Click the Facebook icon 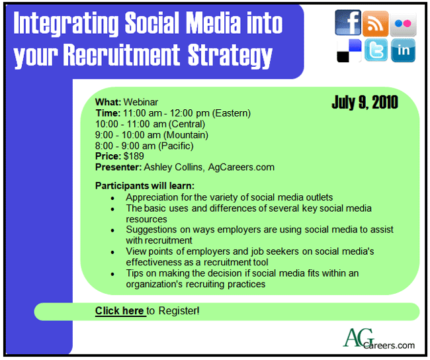(348, 22)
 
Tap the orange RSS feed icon (376, 24)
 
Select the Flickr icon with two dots (403, 24)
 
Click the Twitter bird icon (376, 50)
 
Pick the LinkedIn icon (403, 50)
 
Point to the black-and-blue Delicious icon (349, 50)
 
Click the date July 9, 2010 (365, 102)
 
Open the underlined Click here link (120, 311)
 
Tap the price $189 (134, 156)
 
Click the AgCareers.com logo (378, 339)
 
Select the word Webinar (141, 102)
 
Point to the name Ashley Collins (174, 167)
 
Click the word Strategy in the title (230, 55)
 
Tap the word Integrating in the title (65, 23)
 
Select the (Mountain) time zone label (186, 135)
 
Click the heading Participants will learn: (145, 186)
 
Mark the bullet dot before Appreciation (112, 198)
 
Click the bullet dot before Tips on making (112, 274)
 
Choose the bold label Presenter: (118, 167)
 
